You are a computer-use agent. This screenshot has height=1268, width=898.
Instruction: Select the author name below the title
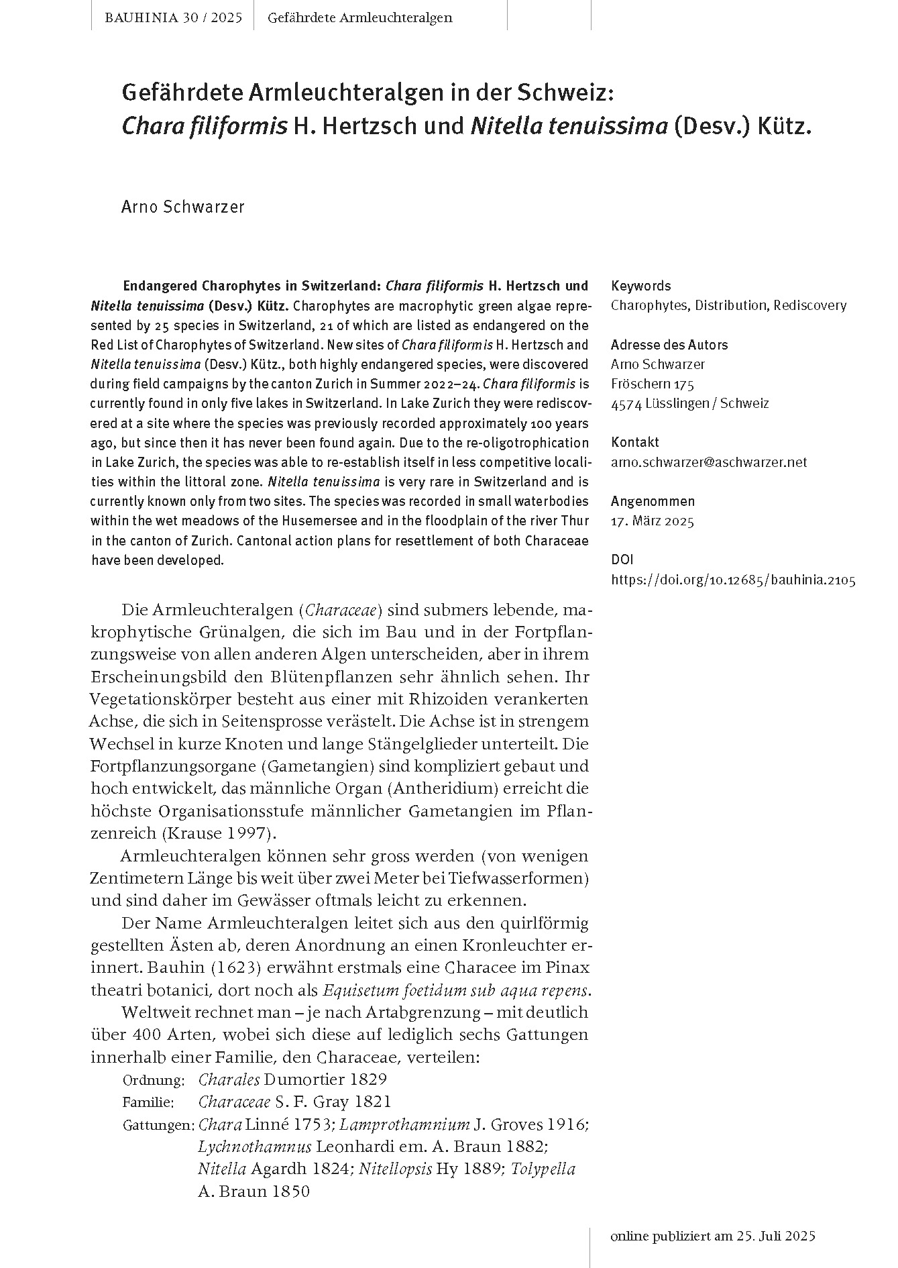click(x=182, y=207)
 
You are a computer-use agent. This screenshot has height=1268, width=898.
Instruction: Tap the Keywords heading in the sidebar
click(x=640, y=286)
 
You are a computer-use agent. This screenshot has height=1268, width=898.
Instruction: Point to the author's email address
click(x=709, y=462)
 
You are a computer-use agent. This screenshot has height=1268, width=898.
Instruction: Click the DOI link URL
click(x=733, y=580)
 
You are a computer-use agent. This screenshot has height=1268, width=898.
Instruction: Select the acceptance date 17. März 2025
click(x=653, y=521)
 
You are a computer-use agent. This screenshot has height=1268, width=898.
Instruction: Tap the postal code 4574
click(x=626, y=404)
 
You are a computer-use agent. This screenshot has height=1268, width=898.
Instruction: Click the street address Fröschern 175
click(x=653, y=384)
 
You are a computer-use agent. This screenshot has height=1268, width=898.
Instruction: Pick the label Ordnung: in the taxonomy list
click(x=154, y=1081)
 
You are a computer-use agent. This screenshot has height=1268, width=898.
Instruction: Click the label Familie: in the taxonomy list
click(x=148, y=1102)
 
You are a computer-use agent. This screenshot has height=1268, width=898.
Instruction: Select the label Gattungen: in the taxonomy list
click(x=158, y=1125)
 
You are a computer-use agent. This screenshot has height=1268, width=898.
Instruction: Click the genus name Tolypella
click(x=543, y=1169)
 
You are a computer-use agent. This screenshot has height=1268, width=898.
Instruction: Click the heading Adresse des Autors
click(x=669, y=345)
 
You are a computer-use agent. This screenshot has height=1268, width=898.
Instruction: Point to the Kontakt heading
click(x=634, y=442)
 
